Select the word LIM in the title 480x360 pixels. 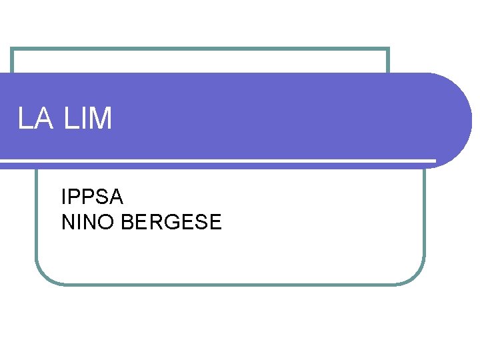89,119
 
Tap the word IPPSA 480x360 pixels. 92,197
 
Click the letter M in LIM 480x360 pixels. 101,119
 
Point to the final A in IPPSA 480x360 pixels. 116,197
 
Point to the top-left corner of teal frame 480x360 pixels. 12,49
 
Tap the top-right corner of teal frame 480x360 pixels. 388,49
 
